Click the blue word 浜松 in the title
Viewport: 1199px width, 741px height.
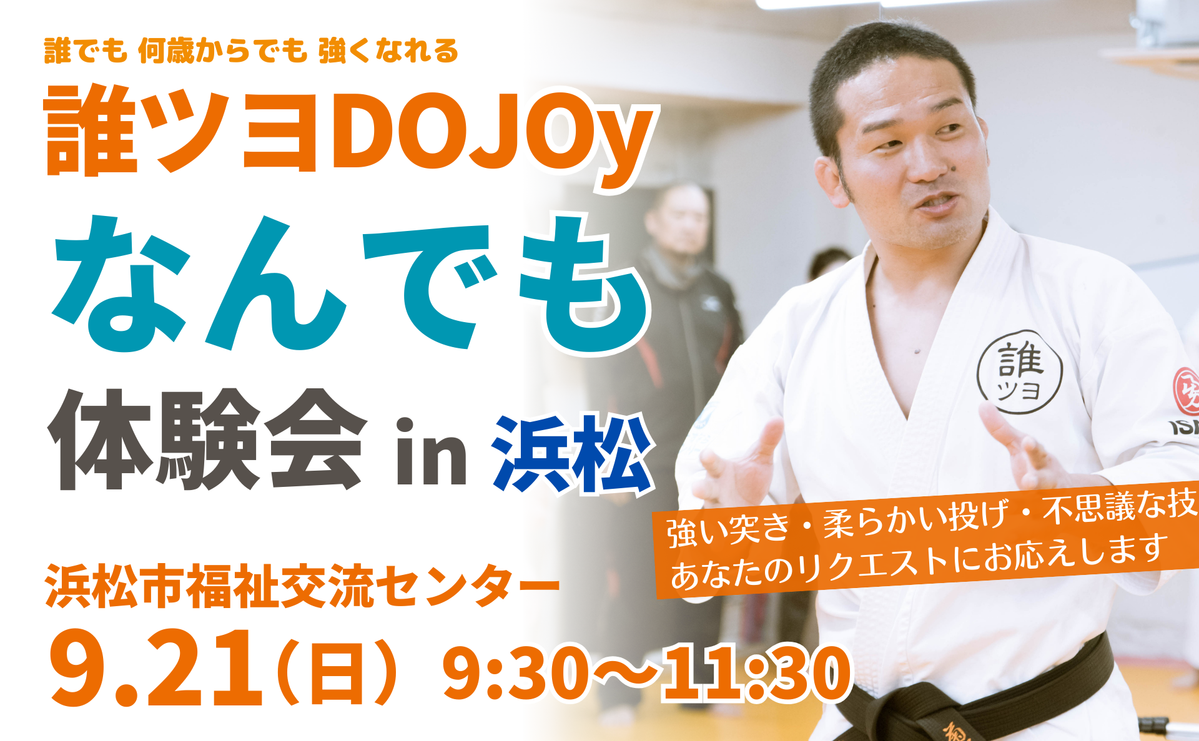(573, 454)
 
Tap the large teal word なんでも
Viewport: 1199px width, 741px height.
(350, 284)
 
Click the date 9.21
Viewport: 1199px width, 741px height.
(156, 667)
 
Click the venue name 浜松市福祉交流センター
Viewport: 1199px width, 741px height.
(302, 585)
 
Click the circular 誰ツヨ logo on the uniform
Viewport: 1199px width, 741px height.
(1019, 372)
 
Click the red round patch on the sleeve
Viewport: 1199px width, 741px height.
(1187, 391)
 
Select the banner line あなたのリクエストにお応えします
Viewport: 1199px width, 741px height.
(918, 561)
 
